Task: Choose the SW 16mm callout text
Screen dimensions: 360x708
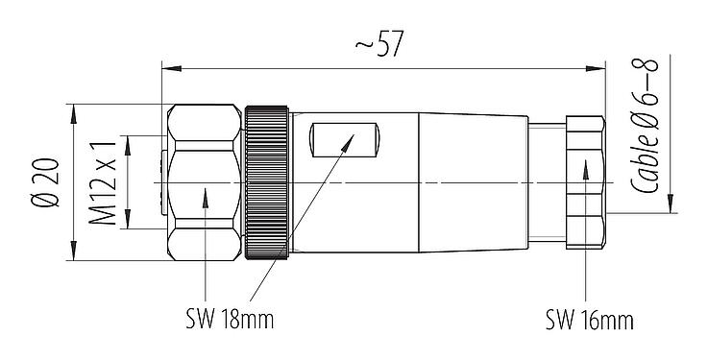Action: pyautogui.click(x=590, y=319)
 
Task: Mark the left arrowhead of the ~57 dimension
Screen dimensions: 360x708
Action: pyautogui.click(x=168, y=68)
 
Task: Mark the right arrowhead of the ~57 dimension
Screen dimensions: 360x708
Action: pyautogui.click(x=597, y=68)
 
